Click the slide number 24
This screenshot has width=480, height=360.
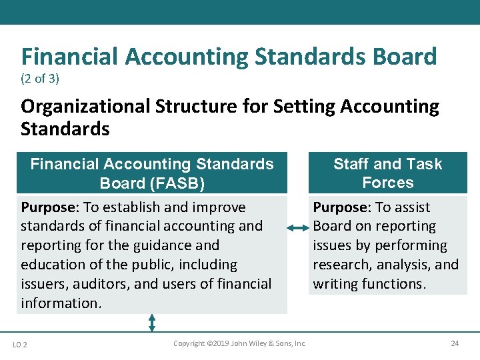pos(455,343)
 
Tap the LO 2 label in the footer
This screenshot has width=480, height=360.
pos(20,344)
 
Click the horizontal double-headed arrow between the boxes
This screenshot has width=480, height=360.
pos(298,229)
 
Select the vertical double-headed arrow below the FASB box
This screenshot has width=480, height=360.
pos(152,323)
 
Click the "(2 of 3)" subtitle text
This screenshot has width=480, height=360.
pos(40,79)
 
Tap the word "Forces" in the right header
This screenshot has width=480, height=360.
pos(388,183)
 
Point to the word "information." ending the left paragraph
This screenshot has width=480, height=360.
pos(61,303)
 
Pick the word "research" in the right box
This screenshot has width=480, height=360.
pos(343,265)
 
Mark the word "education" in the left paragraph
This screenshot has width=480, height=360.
pos(52,265)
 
